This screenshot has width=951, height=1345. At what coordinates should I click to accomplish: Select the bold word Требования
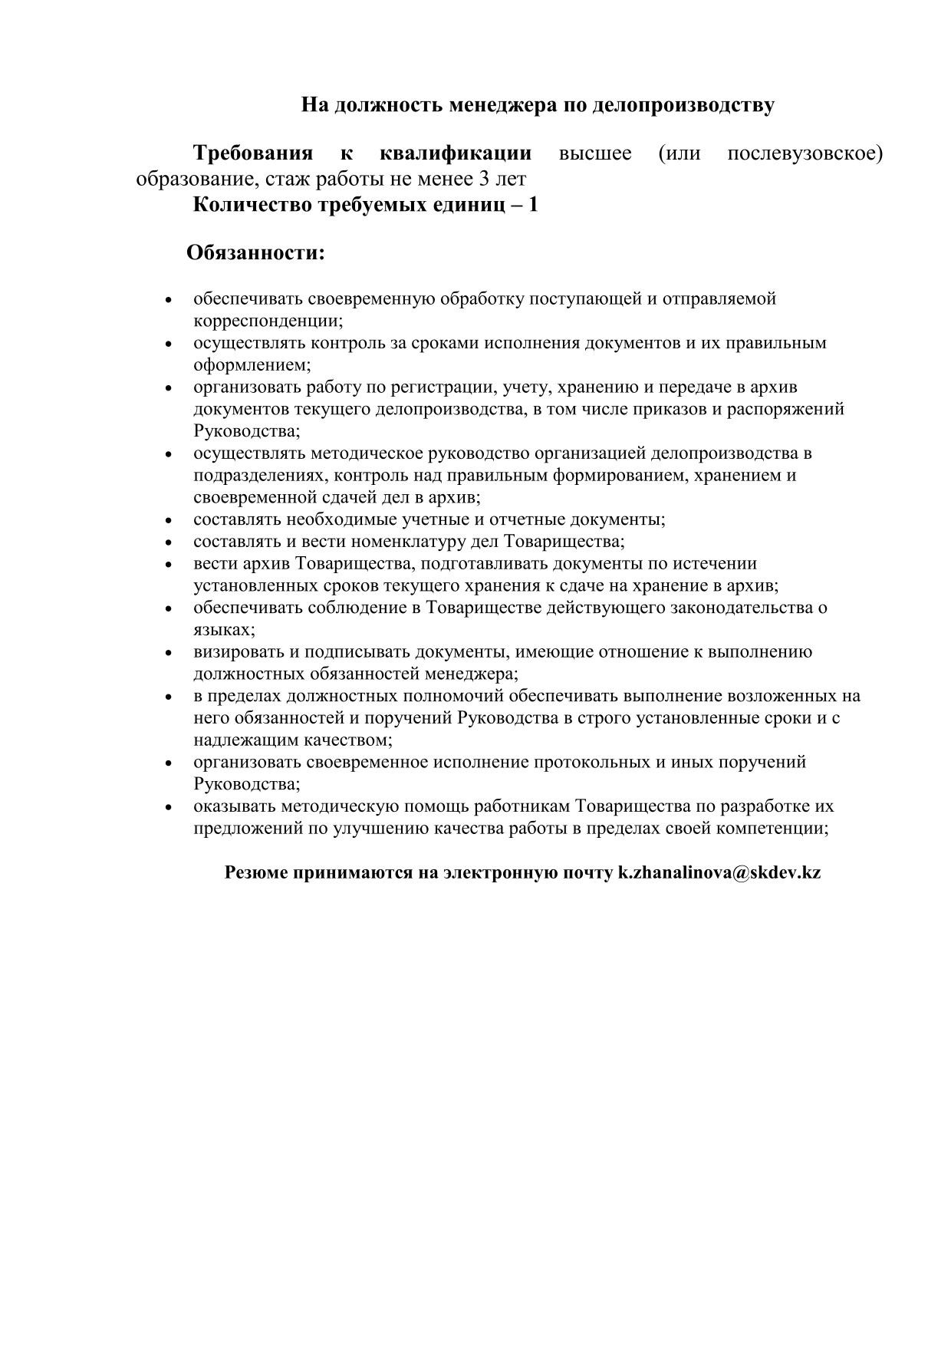coord(253,153)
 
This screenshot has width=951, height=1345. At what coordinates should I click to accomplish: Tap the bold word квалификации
coord(456,153)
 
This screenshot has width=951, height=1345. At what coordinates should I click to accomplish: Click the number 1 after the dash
coord(533,206)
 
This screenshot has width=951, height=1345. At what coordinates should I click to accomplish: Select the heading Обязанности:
coord(256,252)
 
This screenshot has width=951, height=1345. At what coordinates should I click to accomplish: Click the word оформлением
coord(252,365)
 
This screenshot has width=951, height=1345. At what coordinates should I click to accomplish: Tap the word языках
coord(223,630)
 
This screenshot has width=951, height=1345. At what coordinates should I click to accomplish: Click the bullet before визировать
coord(169,654)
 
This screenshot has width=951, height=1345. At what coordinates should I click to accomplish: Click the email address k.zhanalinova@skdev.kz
coord(719,873)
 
